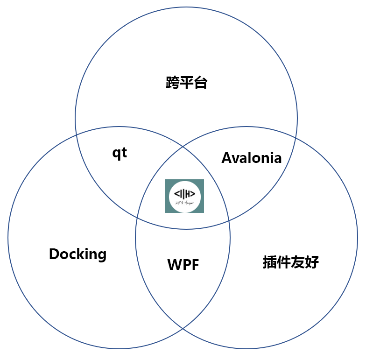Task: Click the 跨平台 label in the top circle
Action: [186, 83]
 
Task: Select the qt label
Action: [120, 153]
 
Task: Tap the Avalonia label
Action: [251, 158]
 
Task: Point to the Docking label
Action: [77, 254]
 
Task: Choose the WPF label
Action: [183, 265]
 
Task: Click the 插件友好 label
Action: [290, 262]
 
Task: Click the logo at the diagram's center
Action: [184, 196]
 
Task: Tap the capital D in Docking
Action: [54, 254]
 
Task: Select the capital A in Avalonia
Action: [226, 158]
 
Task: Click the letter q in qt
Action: [116, 154]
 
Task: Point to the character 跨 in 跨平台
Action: [173, 83]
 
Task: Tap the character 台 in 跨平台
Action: [200, 83]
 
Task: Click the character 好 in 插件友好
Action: [312, 262]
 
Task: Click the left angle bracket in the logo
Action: [176, 194]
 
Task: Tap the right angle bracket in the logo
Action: [192, 194]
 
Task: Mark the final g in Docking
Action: [101, 256]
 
